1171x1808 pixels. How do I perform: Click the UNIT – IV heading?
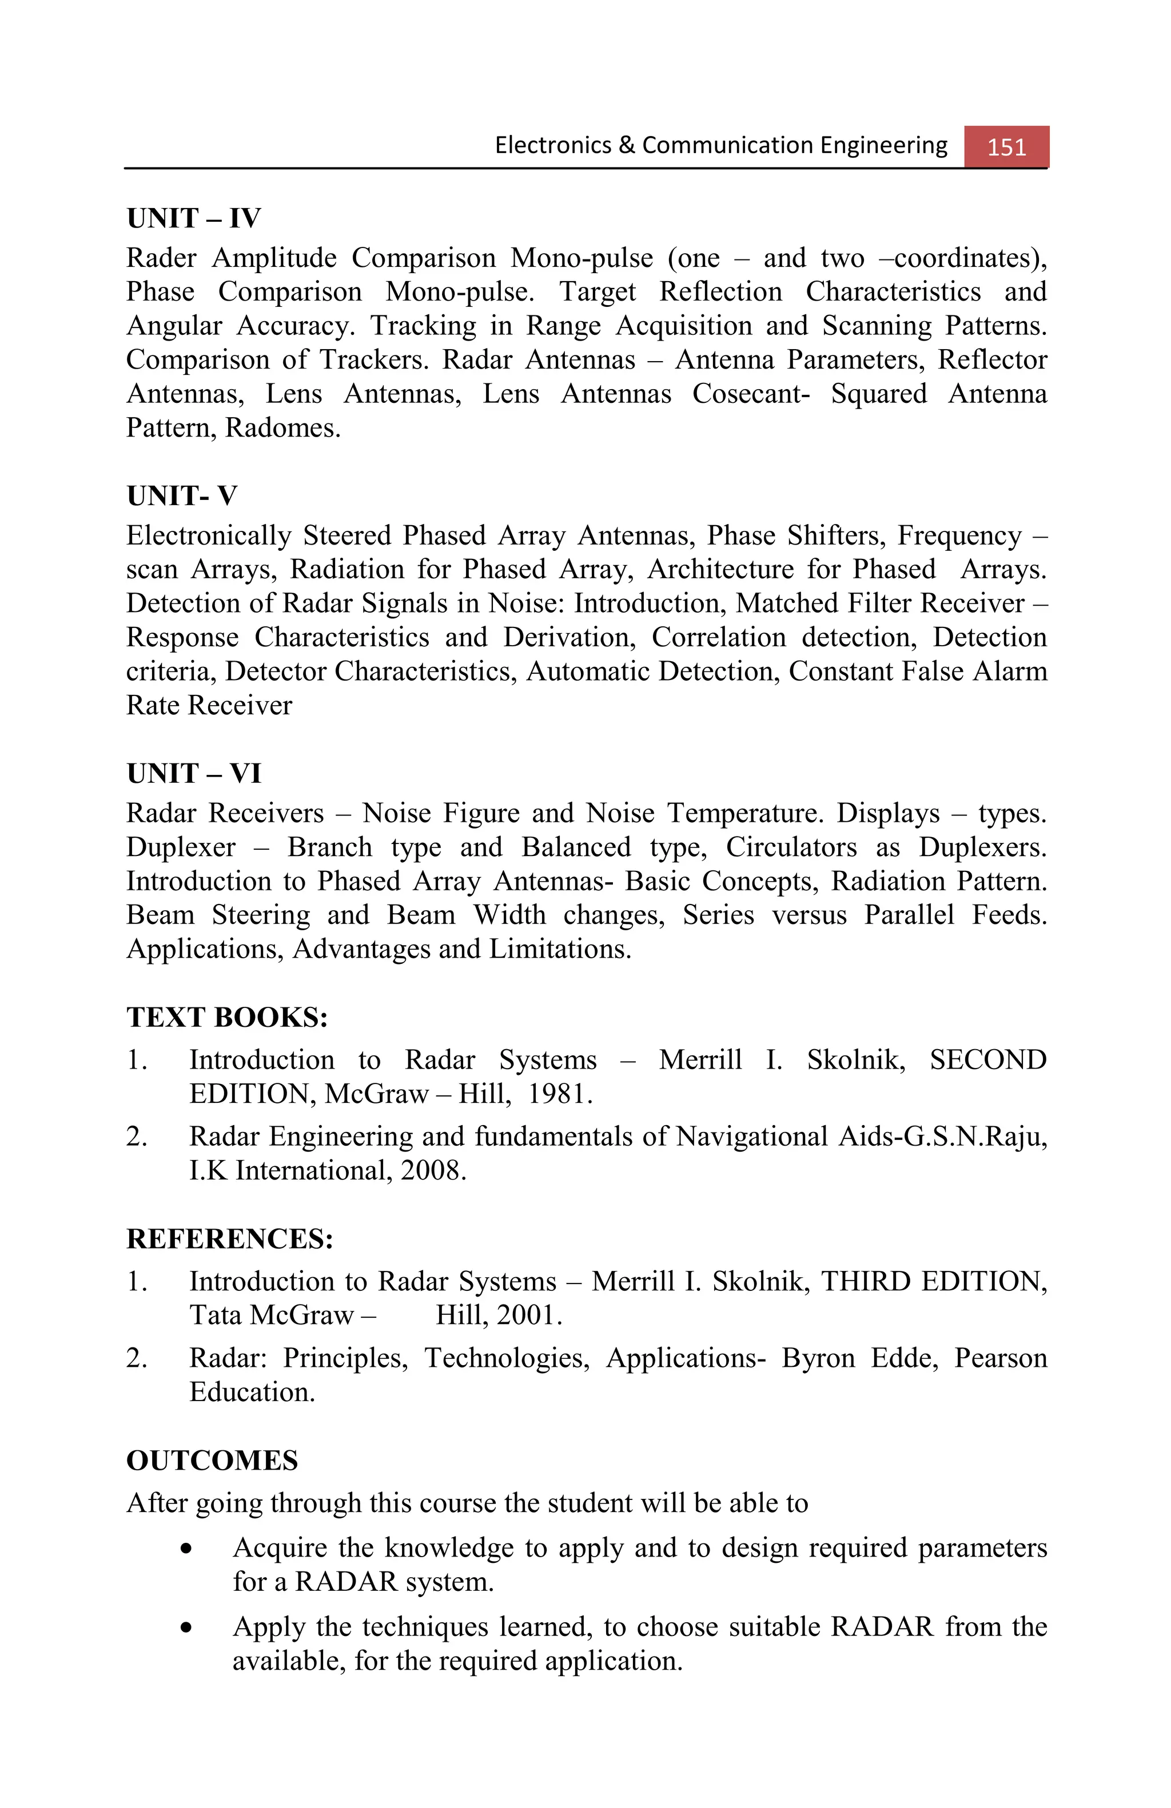[x=193, y=219]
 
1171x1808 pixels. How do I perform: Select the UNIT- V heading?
[x=182, y=496]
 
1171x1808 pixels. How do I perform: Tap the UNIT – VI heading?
[x=193, y=773]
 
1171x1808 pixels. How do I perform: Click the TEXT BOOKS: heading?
[x=226, y=1017]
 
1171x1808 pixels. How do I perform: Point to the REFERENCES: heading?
[x=229, y=1238]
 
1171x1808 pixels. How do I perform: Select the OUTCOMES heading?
[x=212, y=1460]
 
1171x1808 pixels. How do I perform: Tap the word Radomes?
[x=282, y=429]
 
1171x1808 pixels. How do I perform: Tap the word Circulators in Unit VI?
[x=790, y=847]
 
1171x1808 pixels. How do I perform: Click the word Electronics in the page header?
[x=552, y=145]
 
